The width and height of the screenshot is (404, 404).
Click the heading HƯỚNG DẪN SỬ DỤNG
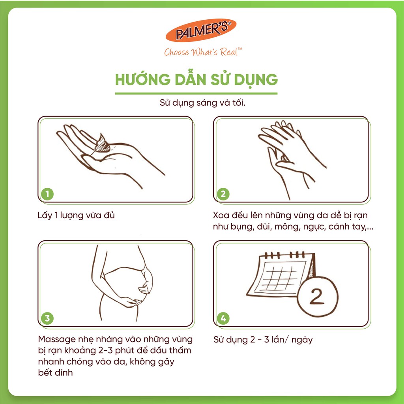[196, 79]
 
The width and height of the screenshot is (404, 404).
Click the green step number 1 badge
[47, 194]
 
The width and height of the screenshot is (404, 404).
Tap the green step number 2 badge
[223, 194]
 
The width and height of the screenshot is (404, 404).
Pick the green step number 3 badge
[47, 318]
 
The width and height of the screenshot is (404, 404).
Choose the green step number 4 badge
[223, 318]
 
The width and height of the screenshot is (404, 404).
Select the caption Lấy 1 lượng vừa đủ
[74, 215]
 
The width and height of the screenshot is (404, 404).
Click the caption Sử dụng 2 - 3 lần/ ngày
[263, 340]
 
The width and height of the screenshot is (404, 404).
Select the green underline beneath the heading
[196, 94]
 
